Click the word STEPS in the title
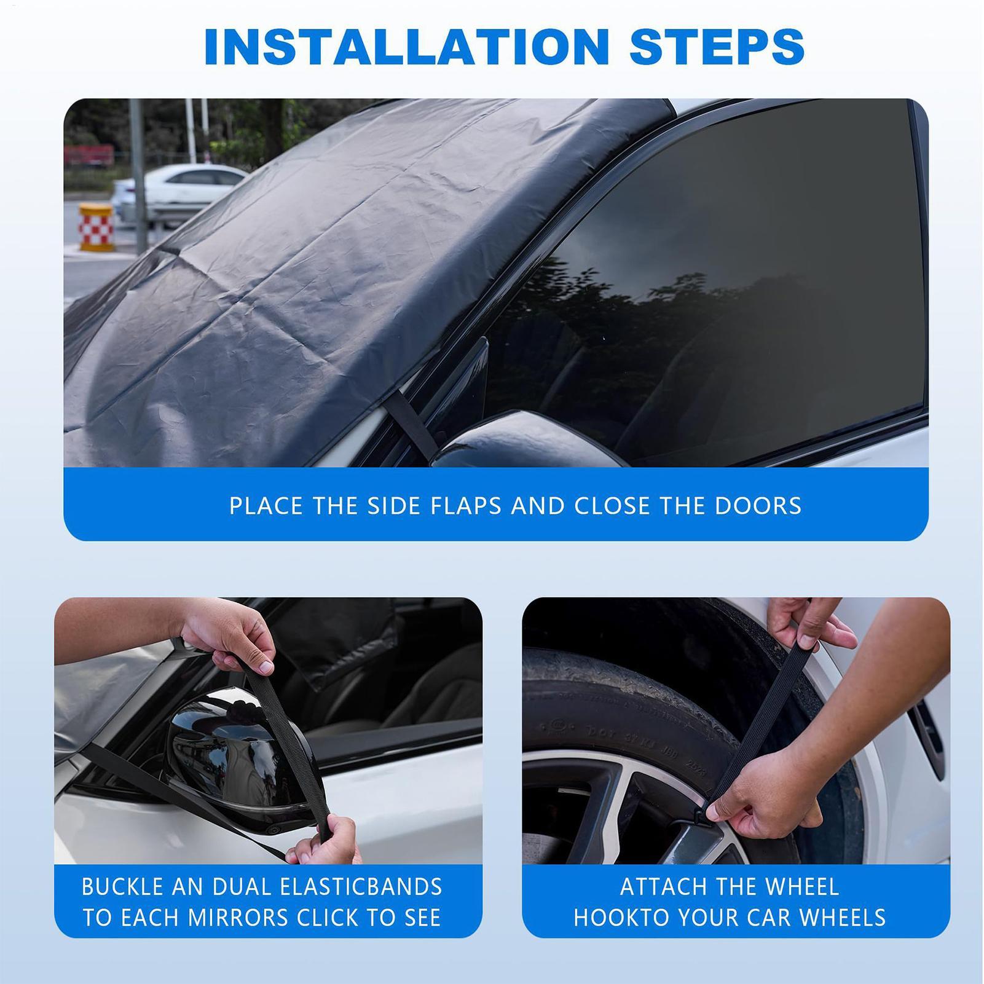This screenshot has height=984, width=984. pyautogui.click(x=717, y=46)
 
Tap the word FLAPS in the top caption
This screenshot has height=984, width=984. pyautogui.click(x=466, y=506)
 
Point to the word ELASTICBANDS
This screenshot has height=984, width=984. pyautogui.click(x=361, y=887)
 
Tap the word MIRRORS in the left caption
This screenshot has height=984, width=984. pyautogui.click(x=239, y=918)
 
